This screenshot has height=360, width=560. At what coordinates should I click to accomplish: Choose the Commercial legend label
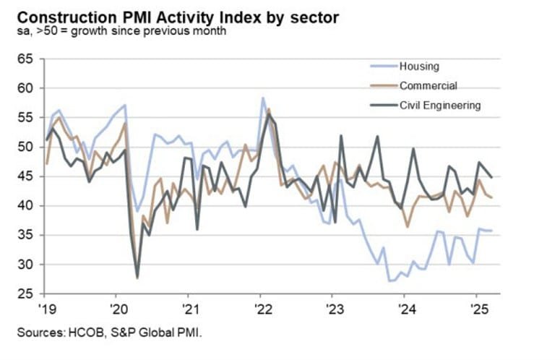[428, 85]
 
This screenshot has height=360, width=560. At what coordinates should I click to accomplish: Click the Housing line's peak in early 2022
[262, 98]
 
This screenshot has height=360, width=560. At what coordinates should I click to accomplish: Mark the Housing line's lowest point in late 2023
[389, 280]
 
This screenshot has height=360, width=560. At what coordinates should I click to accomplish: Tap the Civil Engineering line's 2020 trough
[137, 277]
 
